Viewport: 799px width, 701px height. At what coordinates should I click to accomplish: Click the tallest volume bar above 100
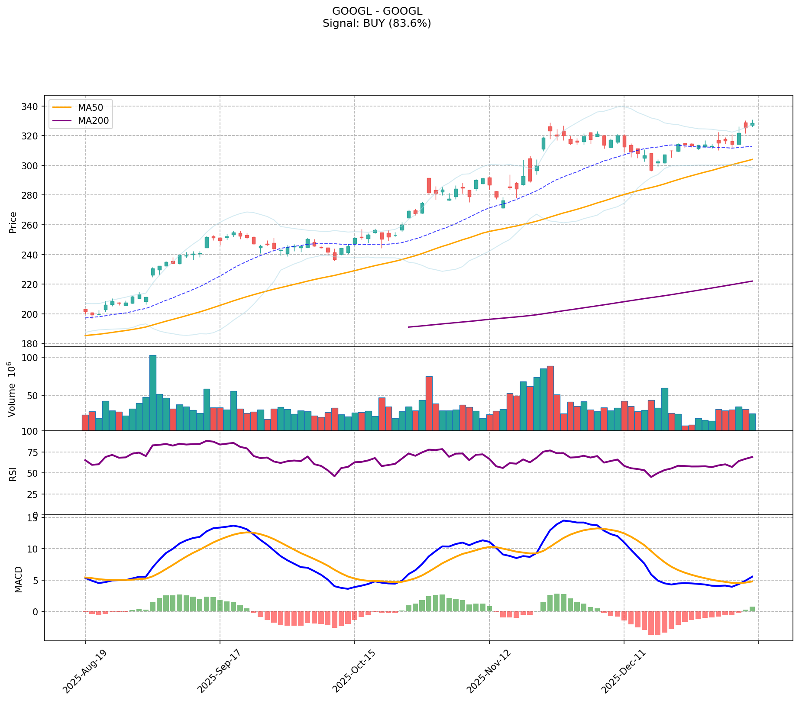[x=153, y=392]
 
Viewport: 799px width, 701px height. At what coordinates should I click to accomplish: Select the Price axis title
[x=13, y=223]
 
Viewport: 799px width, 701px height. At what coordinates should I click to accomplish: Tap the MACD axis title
[x=18, y=579]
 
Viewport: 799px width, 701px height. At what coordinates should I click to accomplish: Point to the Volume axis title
[x=12, y=389]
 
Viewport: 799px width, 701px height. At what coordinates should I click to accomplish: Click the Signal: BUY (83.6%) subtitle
[x=377, y=23]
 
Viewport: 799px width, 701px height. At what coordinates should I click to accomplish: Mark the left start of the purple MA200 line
[x=409, y=327]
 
